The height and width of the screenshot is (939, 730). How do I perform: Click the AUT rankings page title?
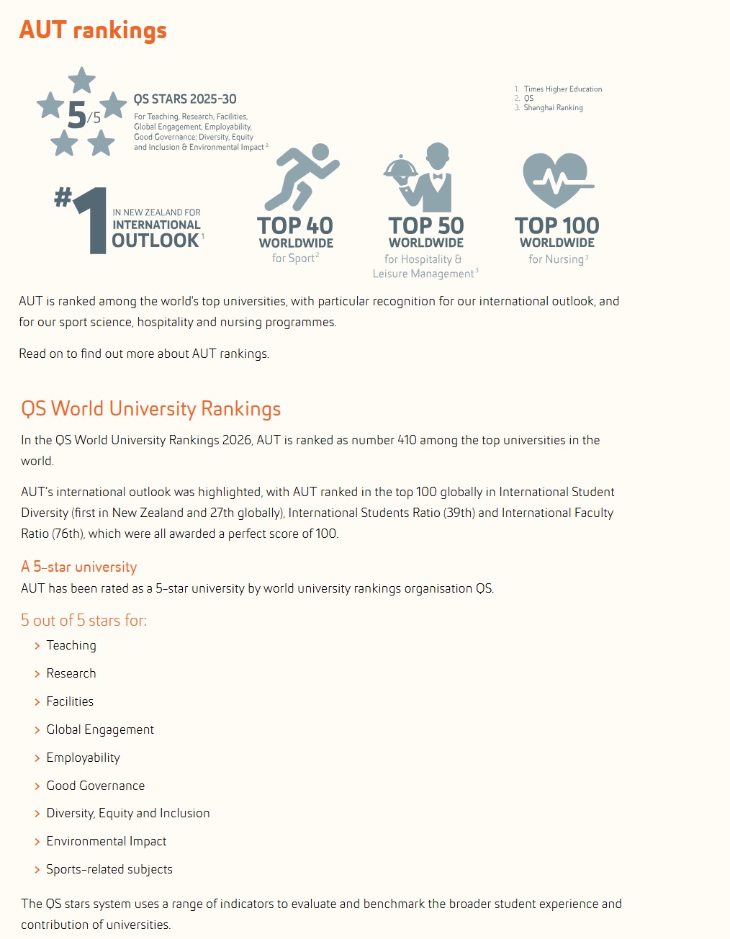(93, 30)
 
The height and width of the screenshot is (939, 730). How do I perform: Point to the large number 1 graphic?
(91, 220)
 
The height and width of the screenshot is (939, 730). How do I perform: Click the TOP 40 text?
(295, 226)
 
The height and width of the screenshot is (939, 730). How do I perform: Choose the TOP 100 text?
(556, 226)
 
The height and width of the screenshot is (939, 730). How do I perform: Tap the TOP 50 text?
(426, 226)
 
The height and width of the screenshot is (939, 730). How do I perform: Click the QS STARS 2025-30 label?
(185, 99)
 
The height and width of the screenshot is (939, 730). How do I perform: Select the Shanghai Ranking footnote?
(553, 108)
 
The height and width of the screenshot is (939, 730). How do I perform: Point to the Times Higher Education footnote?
(562, 89)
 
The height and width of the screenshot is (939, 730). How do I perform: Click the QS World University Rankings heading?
(151, 409)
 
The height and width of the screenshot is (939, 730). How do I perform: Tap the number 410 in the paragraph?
(407, 440)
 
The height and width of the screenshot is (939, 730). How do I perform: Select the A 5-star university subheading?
(79, 567)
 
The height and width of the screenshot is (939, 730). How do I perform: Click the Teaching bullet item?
(71, 645)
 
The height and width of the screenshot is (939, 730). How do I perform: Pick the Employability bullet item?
(84, 758)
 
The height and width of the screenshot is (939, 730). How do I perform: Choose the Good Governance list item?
(96, 786)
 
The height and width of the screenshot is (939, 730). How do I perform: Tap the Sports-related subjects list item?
(109, 869)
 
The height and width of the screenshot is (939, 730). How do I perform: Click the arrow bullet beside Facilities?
(37, 702)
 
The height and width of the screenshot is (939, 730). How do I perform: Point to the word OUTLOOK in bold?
(156, 241)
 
